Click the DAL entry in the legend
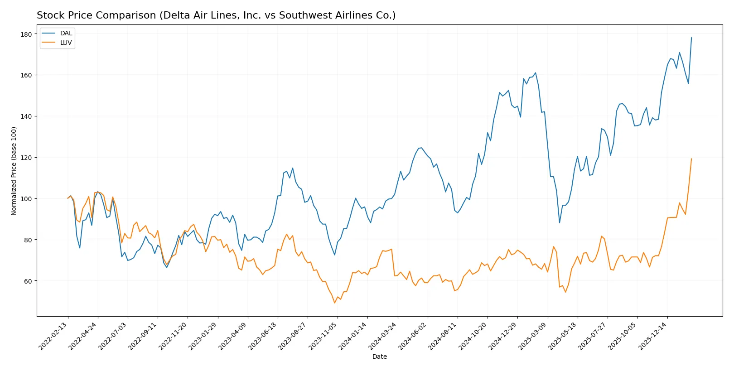point(66,33)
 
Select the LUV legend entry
point(66,43)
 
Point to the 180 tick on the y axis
point(26,34)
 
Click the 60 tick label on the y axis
point(28,281)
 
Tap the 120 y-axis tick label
point(26,158)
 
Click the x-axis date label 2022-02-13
point(53,336)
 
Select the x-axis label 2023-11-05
point(323,336)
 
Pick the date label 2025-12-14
point(653,336)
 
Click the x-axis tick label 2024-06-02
point(413,336)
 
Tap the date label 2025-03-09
point(533,336)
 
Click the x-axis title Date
point(379,357)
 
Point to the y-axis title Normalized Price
point(14,171)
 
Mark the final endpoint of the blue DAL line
point(691,38)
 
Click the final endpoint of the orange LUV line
point(691,159)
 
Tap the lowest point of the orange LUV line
point(335,303)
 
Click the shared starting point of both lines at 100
point(68,198)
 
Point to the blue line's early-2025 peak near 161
point(536,73)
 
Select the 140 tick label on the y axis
point(26,116)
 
